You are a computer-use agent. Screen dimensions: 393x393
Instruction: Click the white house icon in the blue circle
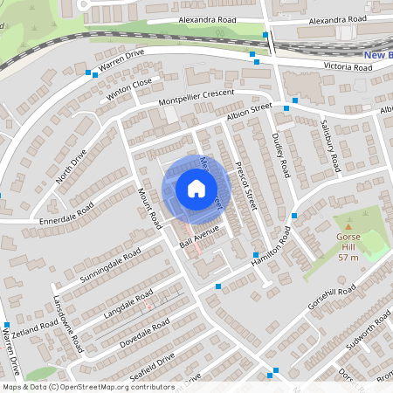pos(196,188)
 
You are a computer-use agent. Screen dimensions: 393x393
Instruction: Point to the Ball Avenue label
pos(199,234)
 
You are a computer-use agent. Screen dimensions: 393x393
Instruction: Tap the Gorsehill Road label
pos(332,298)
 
